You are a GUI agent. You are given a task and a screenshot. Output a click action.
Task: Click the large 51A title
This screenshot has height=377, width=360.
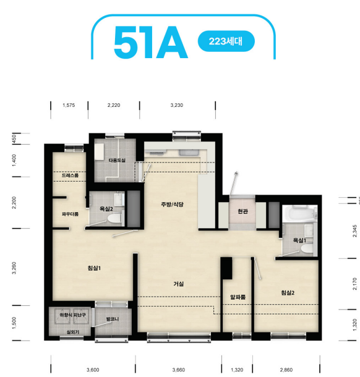pyautogui.click(x=150, y=43)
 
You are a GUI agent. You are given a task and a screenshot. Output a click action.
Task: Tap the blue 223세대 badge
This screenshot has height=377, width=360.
pyautogui.click(x=226, y=41)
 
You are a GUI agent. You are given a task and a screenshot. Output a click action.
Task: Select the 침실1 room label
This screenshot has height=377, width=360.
pyautogui.click(x=94, y=268)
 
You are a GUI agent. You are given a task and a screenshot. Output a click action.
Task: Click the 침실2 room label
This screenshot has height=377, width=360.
pyautogui.click(x=288, y=293)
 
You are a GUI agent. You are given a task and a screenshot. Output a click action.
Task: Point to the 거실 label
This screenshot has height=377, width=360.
pyautogui.click(x=179, y=284)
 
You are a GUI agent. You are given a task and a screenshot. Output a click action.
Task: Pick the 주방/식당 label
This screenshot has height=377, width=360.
pyautogui.click(x=173, y=205)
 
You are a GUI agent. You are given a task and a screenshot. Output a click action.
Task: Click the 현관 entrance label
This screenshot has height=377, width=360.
pyautogui.click(x=242, y=211)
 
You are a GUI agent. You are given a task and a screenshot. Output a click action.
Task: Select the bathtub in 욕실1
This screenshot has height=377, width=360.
pyautogui.click(x=299, y=213)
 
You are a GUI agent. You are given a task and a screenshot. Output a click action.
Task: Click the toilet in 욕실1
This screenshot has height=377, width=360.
pyautogui.click(x=307, y=249)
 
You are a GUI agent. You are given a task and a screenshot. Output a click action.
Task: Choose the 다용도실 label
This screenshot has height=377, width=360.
pyautogui.click(x=117, y=160)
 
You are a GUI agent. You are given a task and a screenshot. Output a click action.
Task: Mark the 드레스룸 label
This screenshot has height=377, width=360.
pyautogui.click(x=70, y=176)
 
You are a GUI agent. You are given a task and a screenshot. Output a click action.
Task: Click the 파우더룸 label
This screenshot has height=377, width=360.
pyautogui.click(x=70, y=214)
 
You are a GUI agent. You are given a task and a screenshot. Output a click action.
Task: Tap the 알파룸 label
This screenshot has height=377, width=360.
pyautogui.click(x=238, y=297)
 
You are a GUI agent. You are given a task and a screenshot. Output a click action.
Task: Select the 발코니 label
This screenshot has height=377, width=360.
pyautogui.click(x=113, y=319)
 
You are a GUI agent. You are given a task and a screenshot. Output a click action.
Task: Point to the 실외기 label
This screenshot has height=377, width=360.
pyautogui.click(x=72, y=332)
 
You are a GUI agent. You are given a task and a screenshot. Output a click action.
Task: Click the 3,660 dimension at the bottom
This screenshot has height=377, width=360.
pyautogui.click(x=179, y=370)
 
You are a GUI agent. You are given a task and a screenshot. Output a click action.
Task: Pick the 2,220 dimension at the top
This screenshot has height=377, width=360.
pyautogui.click(x=114, y=105)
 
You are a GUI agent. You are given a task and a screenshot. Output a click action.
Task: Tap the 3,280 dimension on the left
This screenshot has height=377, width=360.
pyautogui.click(x=14, y=268)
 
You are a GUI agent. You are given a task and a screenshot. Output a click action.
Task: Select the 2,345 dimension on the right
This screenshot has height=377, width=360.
pyautogui.click(x=354, y=231)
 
